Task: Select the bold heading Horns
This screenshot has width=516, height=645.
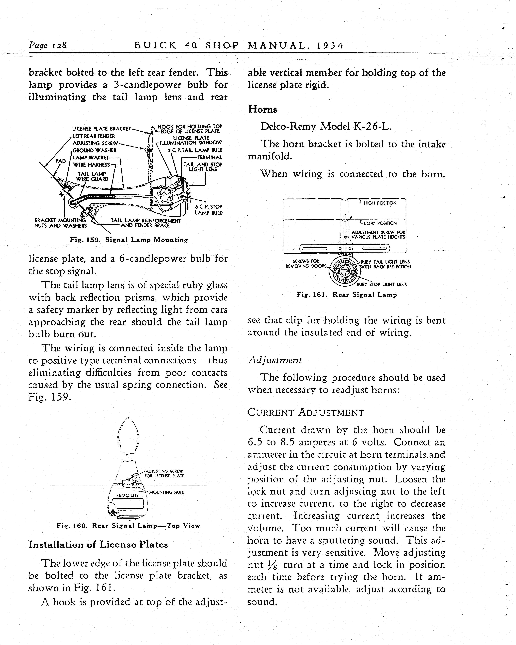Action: coord(262,110)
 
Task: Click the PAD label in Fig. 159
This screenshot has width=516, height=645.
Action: coord(60,161)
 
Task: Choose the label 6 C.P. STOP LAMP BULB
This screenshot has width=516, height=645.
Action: coord(209,210)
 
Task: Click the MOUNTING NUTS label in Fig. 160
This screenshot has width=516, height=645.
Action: coord(166,492)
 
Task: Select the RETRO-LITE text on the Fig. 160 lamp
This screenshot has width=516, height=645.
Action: coord(127,495)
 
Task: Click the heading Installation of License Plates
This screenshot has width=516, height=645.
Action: coord(98,544)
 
